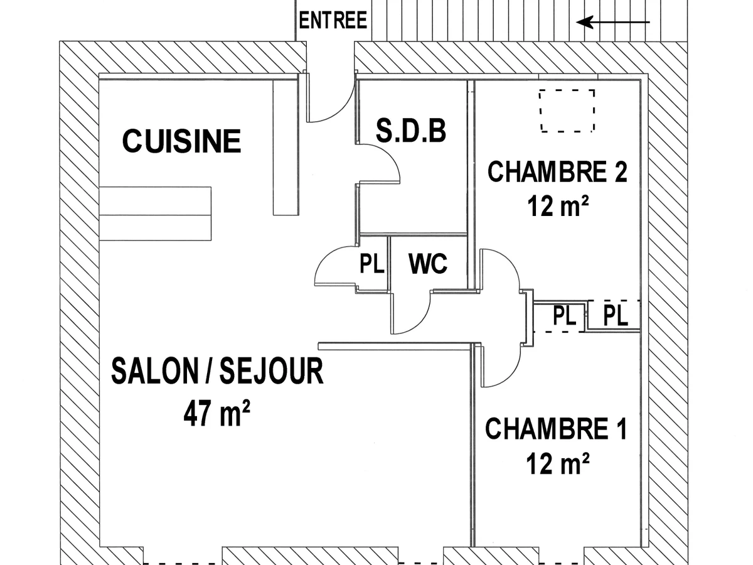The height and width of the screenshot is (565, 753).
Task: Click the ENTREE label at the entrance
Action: pyautogui.click(x=333, y=21)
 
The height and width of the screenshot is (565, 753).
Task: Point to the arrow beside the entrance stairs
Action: pyautogui.click(x=613, y=23)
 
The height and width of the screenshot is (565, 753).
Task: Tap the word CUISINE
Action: pyautogui.click(x=181, y=141)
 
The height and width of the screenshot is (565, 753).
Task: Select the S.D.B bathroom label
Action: pyautogui.click(x=411, y=131)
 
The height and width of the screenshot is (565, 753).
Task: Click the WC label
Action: pyautogui.click(x=428, y=264)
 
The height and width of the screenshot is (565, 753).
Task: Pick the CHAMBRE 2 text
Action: pyautogui.click(x=557, y=171)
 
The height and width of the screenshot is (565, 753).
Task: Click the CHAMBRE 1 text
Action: pyautogui.click(x=556, y=429)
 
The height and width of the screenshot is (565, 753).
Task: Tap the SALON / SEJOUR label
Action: pyautogui.click(x=217, y=371)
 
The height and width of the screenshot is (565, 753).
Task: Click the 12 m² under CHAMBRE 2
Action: pyautogui.click(x=560, y=207)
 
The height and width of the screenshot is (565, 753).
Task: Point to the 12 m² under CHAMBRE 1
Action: pyautogui.click(x=558, y=465)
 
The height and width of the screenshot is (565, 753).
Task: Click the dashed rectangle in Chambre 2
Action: pyautogui.click(x=567, y=110)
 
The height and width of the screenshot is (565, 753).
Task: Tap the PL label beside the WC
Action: pyautogui.click(x=371, y=264)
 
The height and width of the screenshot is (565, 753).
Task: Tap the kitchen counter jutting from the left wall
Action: pyautogui.click(x=155, y=213)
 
